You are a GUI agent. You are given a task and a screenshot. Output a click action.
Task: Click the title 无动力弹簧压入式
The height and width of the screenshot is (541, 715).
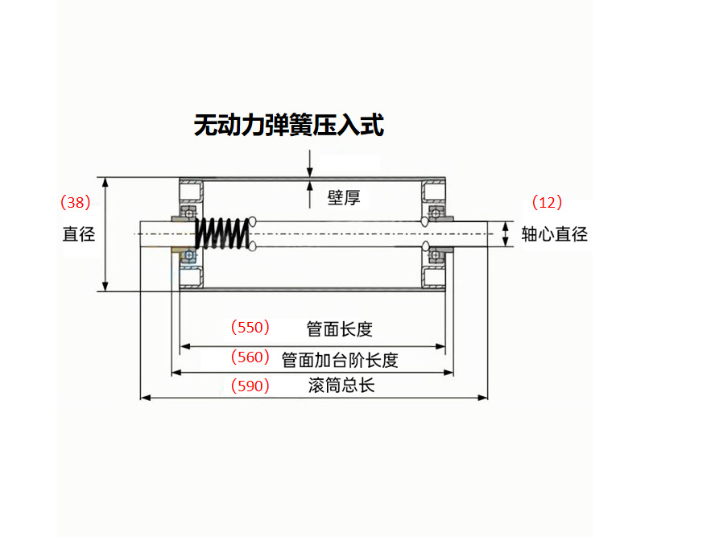[x=289, y=125]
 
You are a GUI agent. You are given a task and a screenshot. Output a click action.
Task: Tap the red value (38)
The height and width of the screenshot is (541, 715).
[x=76, y=202]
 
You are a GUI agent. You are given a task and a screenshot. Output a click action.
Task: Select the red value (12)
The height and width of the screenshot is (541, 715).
[x=548, y=202]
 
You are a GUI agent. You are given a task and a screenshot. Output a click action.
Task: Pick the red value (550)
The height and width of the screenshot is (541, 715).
[x=250, y=328]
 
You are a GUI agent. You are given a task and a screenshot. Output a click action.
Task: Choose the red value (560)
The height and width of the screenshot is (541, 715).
[x=250, y=357]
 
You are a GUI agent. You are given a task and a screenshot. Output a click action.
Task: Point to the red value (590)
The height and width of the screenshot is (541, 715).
[x=250, y=386]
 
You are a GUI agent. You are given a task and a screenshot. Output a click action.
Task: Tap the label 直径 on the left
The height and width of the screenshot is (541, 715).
[x=79, y=234]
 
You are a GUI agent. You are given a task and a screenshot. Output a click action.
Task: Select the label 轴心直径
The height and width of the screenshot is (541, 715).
[x=555, y=234]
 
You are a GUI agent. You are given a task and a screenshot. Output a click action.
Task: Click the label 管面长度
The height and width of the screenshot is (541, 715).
[x=340, y=328]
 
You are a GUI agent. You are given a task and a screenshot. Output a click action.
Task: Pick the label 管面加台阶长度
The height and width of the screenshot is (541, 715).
[x=340, y=359]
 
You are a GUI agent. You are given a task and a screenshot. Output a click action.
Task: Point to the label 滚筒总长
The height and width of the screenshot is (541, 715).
[x=341, y=386]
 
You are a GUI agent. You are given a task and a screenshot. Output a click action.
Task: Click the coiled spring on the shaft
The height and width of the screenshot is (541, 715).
[x=221, y=233]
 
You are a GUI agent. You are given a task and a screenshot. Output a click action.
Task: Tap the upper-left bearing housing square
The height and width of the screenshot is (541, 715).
[x=192, y=192]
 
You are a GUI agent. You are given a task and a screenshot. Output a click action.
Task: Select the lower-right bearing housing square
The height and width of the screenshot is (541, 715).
[x=435, y=276]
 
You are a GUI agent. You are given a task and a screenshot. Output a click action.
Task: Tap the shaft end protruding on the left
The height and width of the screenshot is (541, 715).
[x=153, y=234]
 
